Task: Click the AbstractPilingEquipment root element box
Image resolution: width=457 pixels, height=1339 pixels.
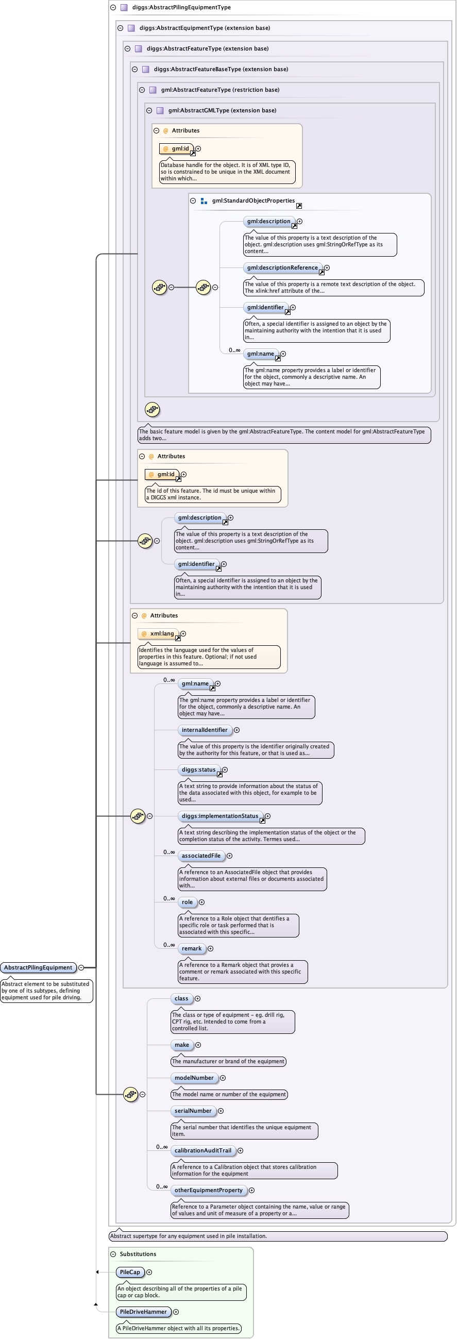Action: point(38,967)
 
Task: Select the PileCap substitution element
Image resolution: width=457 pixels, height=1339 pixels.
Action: point(130,1272)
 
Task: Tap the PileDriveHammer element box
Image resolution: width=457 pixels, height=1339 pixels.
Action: point(143,1312)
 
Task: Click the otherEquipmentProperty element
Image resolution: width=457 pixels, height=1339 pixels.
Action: point(209,1190)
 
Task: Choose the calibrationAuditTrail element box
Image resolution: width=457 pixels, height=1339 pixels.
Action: point(203,1150)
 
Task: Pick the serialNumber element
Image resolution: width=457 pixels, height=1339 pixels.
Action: point(193,1110)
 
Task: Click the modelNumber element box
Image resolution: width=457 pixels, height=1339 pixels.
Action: point(194,1078)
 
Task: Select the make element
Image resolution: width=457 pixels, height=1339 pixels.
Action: point(181,1045)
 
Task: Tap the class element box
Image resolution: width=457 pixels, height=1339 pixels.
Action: point(181,998)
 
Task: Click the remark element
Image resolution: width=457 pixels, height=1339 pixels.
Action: point(191,948)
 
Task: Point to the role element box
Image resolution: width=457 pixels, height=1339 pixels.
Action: point(187,902)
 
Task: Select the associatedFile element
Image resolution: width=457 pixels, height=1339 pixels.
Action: point(201,856)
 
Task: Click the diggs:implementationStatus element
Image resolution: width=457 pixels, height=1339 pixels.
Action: point(220,815)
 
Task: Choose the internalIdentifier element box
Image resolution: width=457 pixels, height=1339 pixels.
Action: point(205,730)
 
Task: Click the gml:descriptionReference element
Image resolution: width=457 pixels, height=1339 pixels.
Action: point(282,267)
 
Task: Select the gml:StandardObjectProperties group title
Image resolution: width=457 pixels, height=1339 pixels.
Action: point(253,200)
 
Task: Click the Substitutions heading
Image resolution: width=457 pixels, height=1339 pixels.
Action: point(138,1254)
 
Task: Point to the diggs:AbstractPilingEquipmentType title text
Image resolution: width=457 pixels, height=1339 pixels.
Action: point(181,7)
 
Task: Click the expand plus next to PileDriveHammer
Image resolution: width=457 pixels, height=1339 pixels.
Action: point(176,1312)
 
